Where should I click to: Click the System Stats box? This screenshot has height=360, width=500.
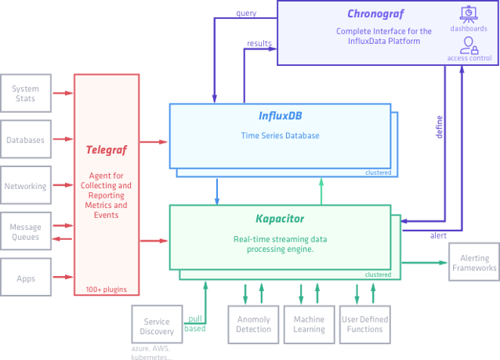[25, 93]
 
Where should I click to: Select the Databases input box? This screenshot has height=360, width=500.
[25, 140]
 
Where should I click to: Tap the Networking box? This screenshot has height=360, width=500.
[25, 187]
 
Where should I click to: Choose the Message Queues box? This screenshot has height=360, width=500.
[25, 232]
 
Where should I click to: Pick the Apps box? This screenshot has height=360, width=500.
[25, 278]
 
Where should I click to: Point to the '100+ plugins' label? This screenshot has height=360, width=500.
[107, 289]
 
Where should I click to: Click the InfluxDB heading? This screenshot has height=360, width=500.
[281, 116]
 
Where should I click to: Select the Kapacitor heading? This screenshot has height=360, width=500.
[280, 218]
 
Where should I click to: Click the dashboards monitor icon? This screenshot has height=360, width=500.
[469, 14]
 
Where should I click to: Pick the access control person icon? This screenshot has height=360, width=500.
[469, 44]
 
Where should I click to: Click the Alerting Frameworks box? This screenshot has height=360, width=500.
[474, 263]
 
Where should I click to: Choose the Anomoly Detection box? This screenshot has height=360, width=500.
[253, 324]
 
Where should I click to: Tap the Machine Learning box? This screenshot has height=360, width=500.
[309, 324]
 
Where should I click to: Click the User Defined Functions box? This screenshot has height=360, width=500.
[364, 324]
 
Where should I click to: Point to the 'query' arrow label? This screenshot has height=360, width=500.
[247, 13]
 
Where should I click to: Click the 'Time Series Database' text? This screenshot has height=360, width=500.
[280, 136]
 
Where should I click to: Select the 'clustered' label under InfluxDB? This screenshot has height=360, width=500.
[377, 173]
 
